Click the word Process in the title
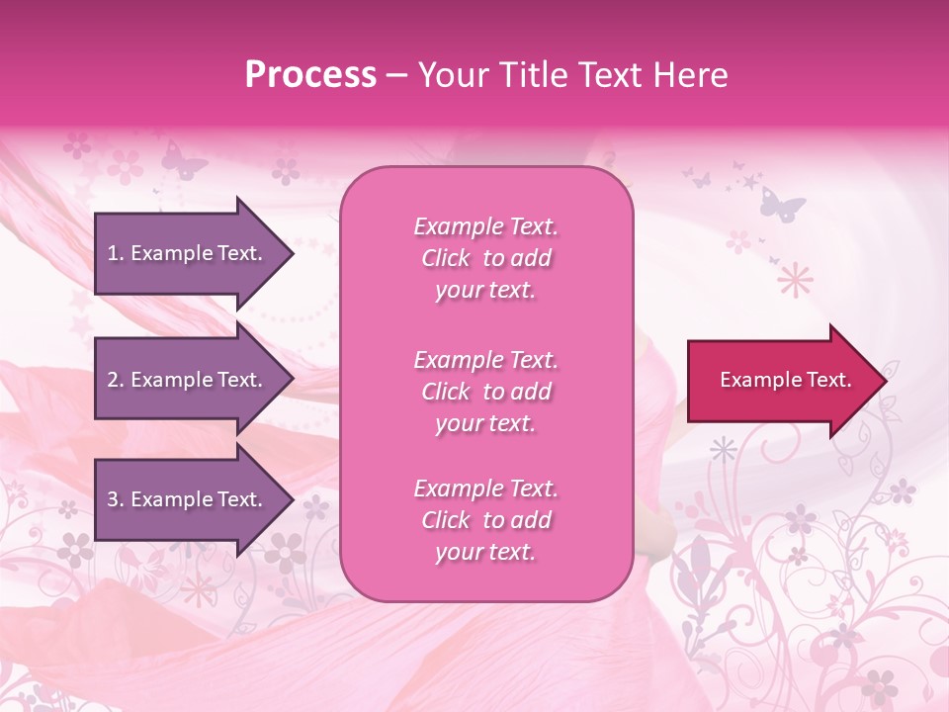[x=310, y=75]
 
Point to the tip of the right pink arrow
[x=884, y=381]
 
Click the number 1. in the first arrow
[x=116, y=253]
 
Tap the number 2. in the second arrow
[x=116, y=380]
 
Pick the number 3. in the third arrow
[x=116, y=499]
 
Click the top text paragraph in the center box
[x=485, y=258]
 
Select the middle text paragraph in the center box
[x=485, y=392]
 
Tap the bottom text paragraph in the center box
[x=485, y=520]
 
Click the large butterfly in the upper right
[x=782, y=204]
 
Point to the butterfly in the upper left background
[x=184, y=159]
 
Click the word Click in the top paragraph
[x=446, y=258]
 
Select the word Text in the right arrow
[x=828, y=380]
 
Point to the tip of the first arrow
[x=293, y=253]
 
